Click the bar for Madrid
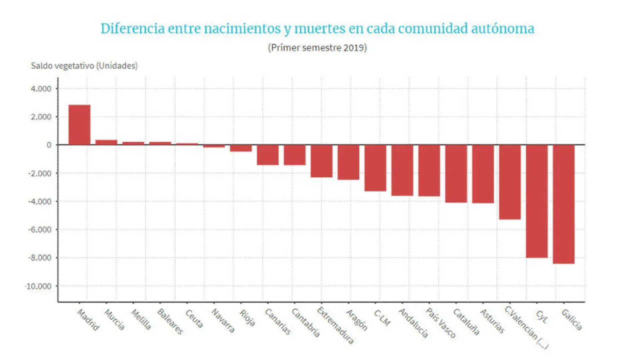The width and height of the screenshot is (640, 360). (x=79, y=125)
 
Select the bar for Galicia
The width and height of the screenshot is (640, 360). (x=563, y=204)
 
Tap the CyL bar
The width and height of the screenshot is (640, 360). (x=536, y=201)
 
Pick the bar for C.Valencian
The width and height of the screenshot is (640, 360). (x=509, y=182)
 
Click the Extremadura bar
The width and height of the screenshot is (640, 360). (x=321, y=161)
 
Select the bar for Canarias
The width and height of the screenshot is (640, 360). (x=267, y=155)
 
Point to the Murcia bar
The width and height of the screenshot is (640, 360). (x=106, y=142)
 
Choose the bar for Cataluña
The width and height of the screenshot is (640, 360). (x=456, y=173)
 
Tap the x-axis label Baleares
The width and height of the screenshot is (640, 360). (x=169, y=321)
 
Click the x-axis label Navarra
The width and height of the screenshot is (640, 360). (x=222, y=320)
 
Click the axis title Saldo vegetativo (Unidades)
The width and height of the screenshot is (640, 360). (x=84, y=65)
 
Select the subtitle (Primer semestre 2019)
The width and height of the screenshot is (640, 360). (x=317, y=47)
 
